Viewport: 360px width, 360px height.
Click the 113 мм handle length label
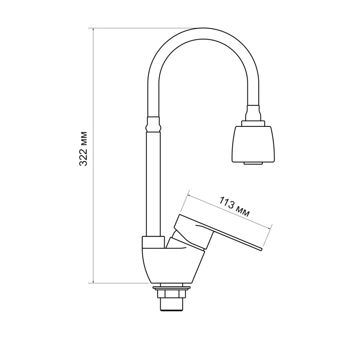point(234,207)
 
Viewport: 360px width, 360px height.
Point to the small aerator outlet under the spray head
point(253,163)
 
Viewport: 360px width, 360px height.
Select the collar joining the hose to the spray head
point(253,112)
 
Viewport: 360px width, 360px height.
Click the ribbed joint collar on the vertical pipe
point(153,123)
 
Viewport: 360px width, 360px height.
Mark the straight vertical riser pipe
point(153,180)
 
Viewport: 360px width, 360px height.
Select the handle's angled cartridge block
point(191,232)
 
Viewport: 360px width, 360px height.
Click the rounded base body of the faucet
point(171,265)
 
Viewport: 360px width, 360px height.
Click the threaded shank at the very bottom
point(171,305)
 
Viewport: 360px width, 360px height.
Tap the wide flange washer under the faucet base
point(171,287)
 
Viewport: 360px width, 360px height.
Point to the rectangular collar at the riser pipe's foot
point(153,242)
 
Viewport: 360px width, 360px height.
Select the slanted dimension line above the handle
point(229,211)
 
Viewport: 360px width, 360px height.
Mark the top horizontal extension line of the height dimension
point(135,28)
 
